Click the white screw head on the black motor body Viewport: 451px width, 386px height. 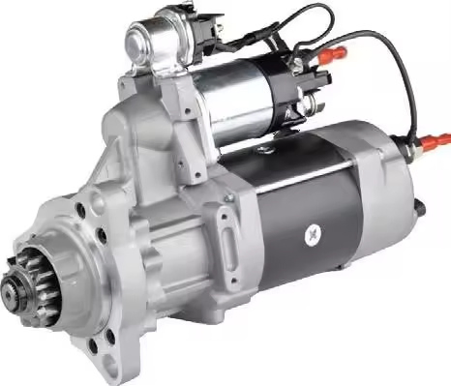click(312, 233)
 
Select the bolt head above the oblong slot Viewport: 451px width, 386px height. click(229, 198)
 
